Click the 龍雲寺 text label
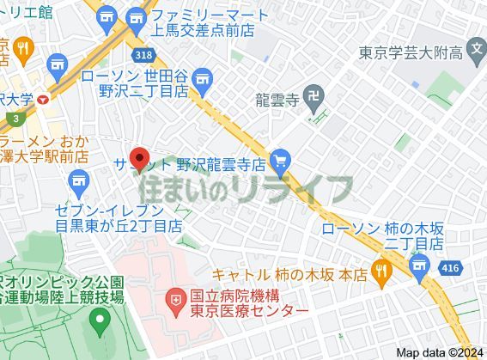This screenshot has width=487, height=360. pyautogui.click(x=276, y=101)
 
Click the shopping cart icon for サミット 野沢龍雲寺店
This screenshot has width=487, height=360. pyautogui.click(x=279, y=161)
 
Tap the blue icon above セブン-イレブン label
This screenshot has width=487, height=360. pyautogui.click(x=80, y=181)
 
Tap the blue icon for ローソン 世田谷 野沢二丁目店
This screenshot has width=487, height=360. pyautogui.click(x=204, y=83)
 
